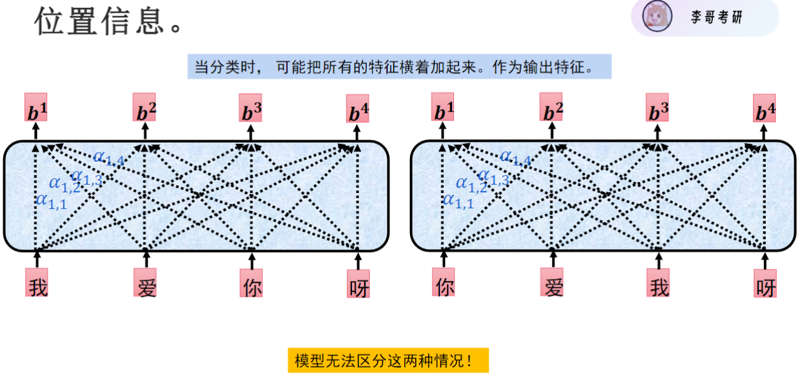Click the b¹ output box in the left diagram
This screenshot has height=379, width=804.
click(36, 108)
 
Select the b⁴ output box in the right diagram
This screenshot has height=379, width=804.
click(765, 110)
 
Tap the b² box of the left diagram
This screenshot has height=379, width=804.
click(145, 108)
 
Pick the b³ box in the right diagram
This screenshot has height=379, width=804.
click(658, 108)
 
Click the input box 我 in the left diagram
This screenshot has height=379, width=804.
click(37, 283)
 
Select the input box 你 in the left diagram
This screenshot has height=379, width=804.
click(251, 285)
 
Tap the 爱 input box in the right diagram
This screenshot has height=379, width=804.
click(552, 283)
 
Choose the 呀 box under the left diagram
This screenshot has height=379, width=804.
click(358, 285)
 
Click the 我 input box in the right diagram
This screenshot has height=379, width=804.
click(658, 284)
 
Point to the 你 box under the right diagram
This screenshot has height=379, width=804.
click(444, 283)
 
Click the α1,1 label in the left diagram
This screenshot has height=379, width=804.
click(51, 201)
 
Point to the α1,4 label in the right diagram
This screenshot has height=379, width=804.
click(515, 157)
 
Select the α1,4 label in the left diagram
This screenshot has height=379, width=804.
click(108, 157)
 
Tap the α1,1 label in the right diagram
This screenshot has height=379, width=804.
click(458, 201)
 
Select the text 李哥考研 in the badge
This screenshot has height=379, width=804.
click(717, 17)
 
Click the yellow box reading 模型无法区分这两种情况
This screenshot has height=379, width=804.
click(388, 361)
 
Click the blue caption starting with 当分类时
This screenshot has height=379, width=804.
click(399, 67)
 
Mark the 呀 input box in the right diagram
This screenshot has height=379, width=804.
click(765, 285)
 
